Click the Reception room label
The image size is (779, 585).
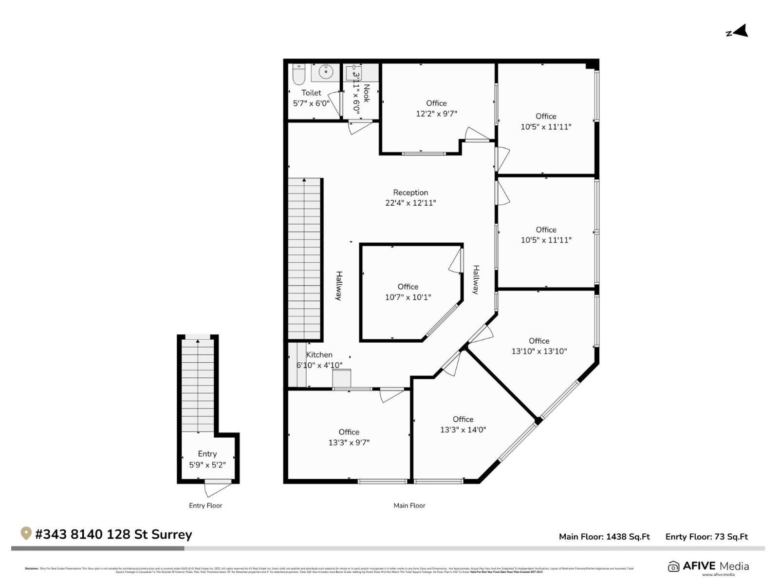tap(410, 193)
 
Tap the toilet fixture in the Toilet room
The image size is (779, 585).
tap(298, 75)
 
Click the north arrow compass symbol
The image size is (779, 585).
tap(738, 32)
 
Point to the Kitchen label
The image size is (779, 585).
tap(319, 355)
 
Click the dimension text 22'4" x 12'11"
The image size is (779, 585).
tap(410, 203)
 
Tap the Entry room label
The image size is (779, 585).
tap(207, 454)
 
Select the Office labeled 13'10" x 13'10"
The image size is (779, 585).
tap(539, 341)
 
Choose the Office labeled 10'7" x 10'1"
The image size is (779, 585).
tap(408, 287)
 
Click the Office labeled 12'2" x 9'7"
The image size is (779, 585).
tap(436, 103)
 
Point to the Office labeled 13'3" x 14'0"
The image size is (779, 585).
tap(463, 419)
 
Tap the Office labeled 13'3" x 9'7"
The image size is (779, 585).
tap(349, 432)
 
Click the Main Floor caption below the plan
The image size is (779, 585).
tap(409, 506)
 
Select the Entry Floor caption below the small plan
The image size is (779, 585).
tap(205, 506)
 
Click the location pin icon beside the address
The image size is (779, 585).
tap(26, 533)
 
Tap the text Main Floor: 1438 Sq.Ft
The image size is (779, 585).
tap(604, 537)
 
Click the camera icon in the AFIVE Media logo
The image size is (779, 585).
tap(673, 566)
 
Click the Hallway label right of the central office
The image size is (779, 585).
tap(476, 279)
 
